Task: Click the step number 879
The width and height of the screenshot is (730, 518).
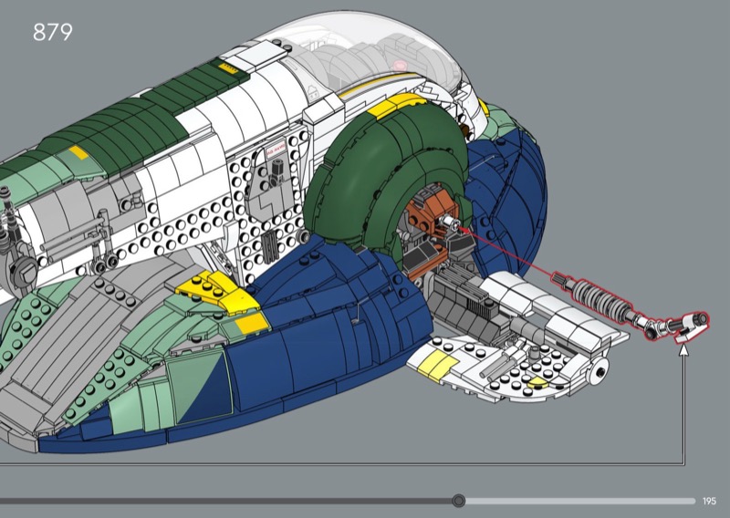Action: tap(53, 32)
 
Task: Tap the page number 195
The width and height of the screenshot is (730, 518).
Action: tap(709, 501)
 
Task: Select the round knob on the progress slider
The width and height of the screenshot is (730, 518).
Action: tap(459, 501)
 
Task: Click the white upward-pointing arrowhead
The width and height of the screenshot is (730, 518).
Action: tap(683, 349)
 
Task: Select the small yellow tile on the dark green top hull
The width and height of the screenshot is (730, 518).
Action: tap(78, 152)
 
